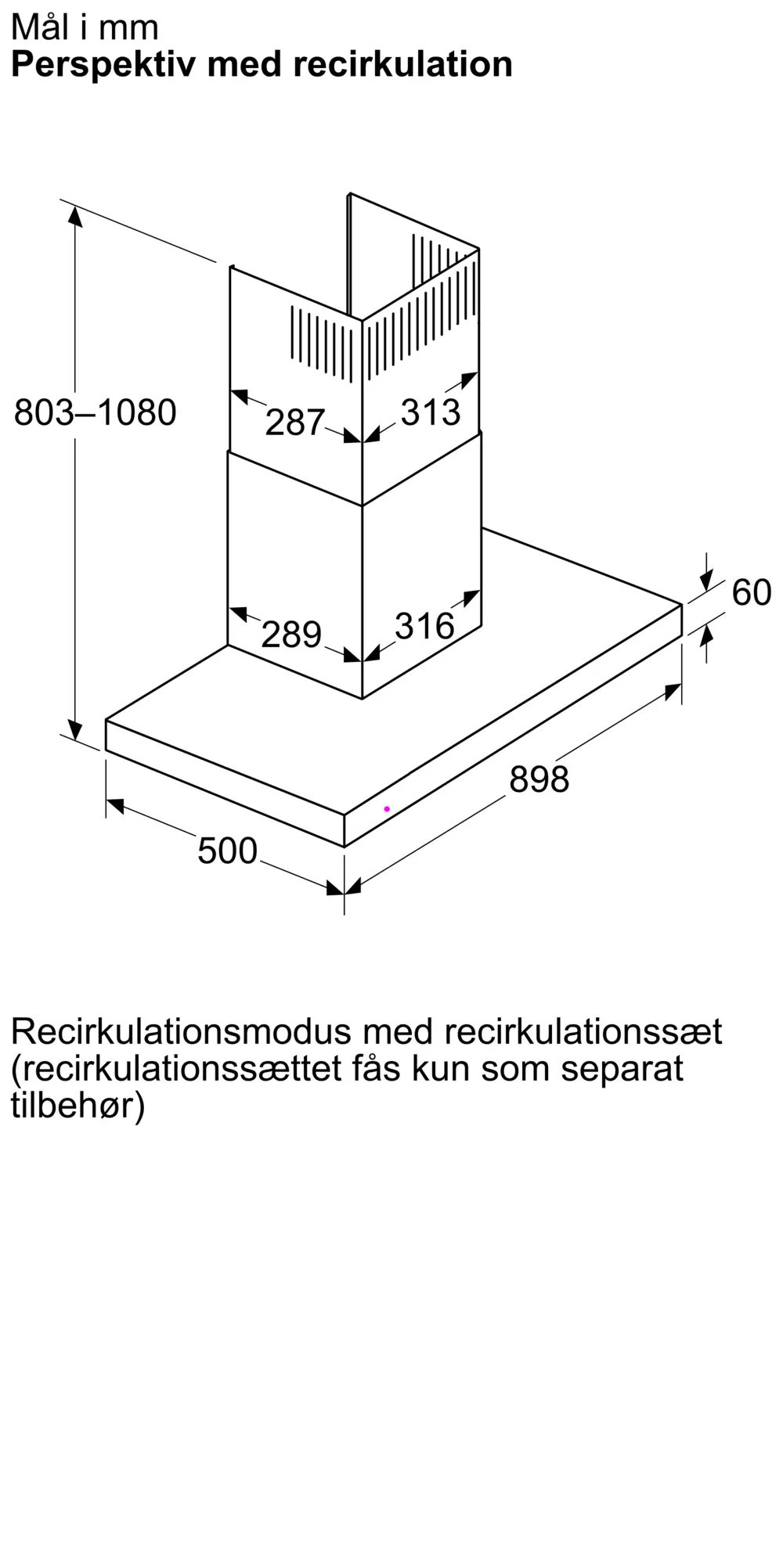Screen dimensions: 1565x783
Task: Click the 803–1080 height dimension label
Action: [96, 412]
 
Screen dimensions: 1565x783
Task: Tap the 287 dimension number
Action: [294, 423]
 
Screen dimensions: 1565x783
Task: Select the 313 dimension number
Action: [431, 412]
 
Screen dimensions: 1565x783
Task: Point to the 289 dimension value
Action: [291, 634]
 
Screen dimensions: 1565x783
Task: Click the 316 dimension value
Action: [424, 626]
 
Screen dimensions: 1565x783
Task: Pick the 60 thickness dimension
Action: [751, 592]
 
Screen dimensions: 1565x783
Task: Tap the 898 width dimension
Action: [539, 779]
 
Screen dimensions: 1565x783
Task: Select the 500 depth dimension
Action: [227, 851]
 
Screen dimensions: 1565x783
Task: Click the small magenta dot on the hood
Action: [387, 808]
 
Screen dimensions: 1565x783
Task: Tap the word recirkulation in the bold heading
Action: [403, 64]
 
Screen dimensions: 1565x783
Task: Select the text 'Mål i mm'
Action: [85, 27]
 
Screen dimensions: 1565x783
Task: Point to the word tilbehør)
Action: [78, 1105]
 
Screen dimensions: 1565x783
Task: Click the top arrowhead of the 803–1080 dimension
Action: [75, 215]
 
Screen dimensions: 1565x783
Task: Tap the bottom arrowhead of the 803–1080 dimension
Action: [75, 729]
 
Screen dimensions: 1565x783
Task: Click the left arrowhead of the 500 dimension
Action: [115, 804]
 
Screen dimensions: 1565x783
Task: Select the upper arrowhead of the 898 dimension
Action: [673, 692]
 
